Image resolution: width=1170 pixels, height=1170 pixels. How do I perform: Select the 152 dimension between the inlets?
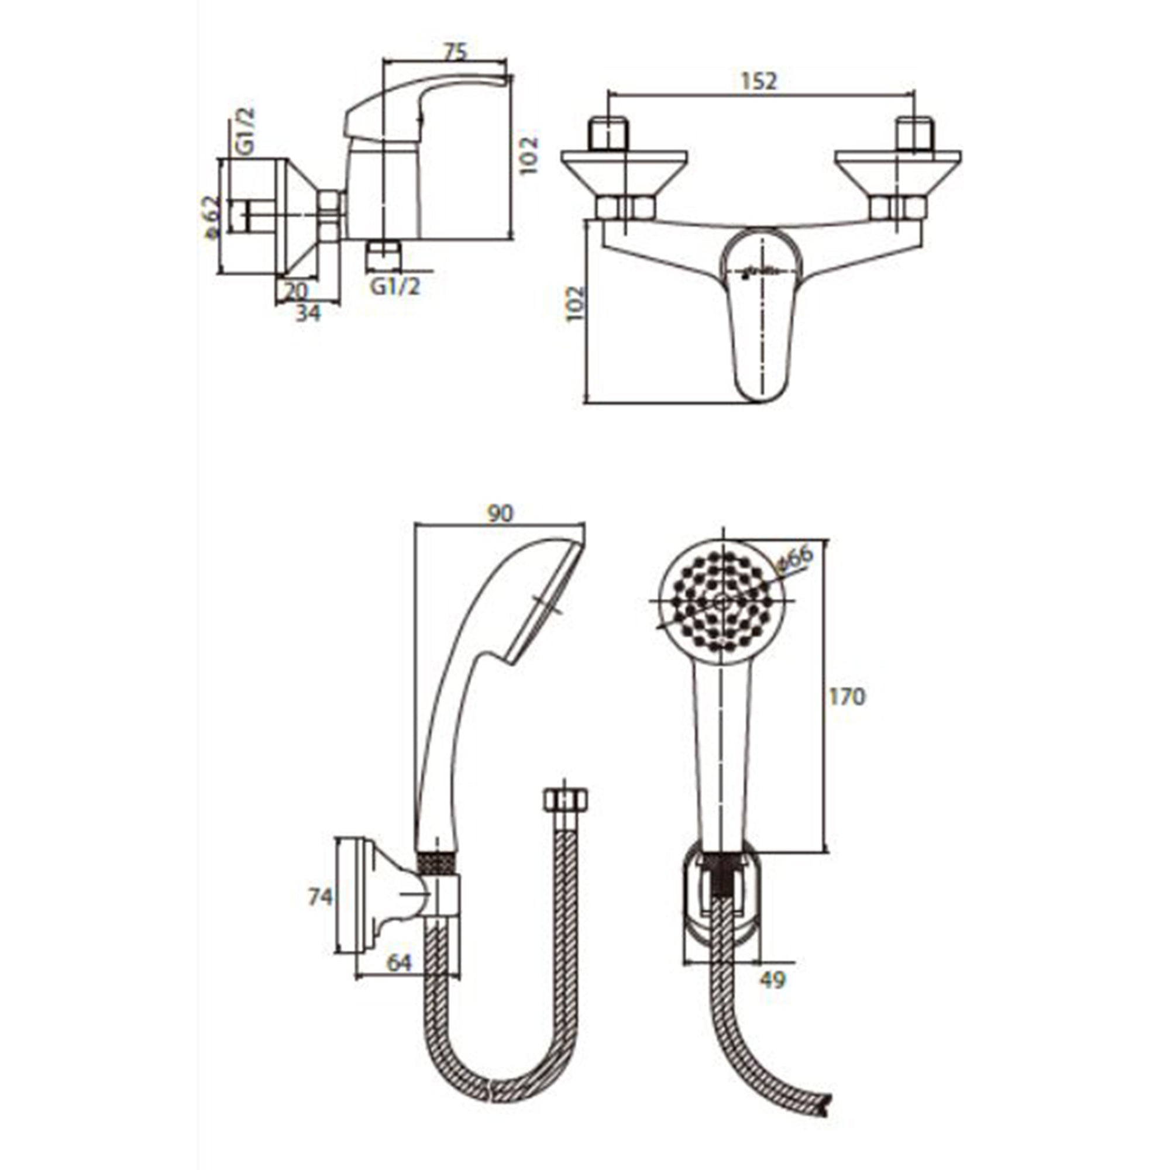758,81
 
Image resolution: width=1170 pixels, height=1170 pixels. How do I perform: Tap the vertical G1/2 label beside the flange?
244,132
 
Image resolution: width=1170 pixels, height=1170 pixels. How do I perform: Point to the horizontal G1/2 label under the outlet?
395,286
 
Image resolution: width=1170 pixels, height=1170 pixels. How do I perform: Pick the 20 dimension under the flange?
296,291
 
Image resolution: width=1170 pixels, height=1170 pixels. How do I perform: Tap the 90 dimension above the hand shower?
500,514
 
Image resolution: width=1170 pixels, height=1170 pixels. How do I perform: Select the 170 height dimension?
847,697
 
